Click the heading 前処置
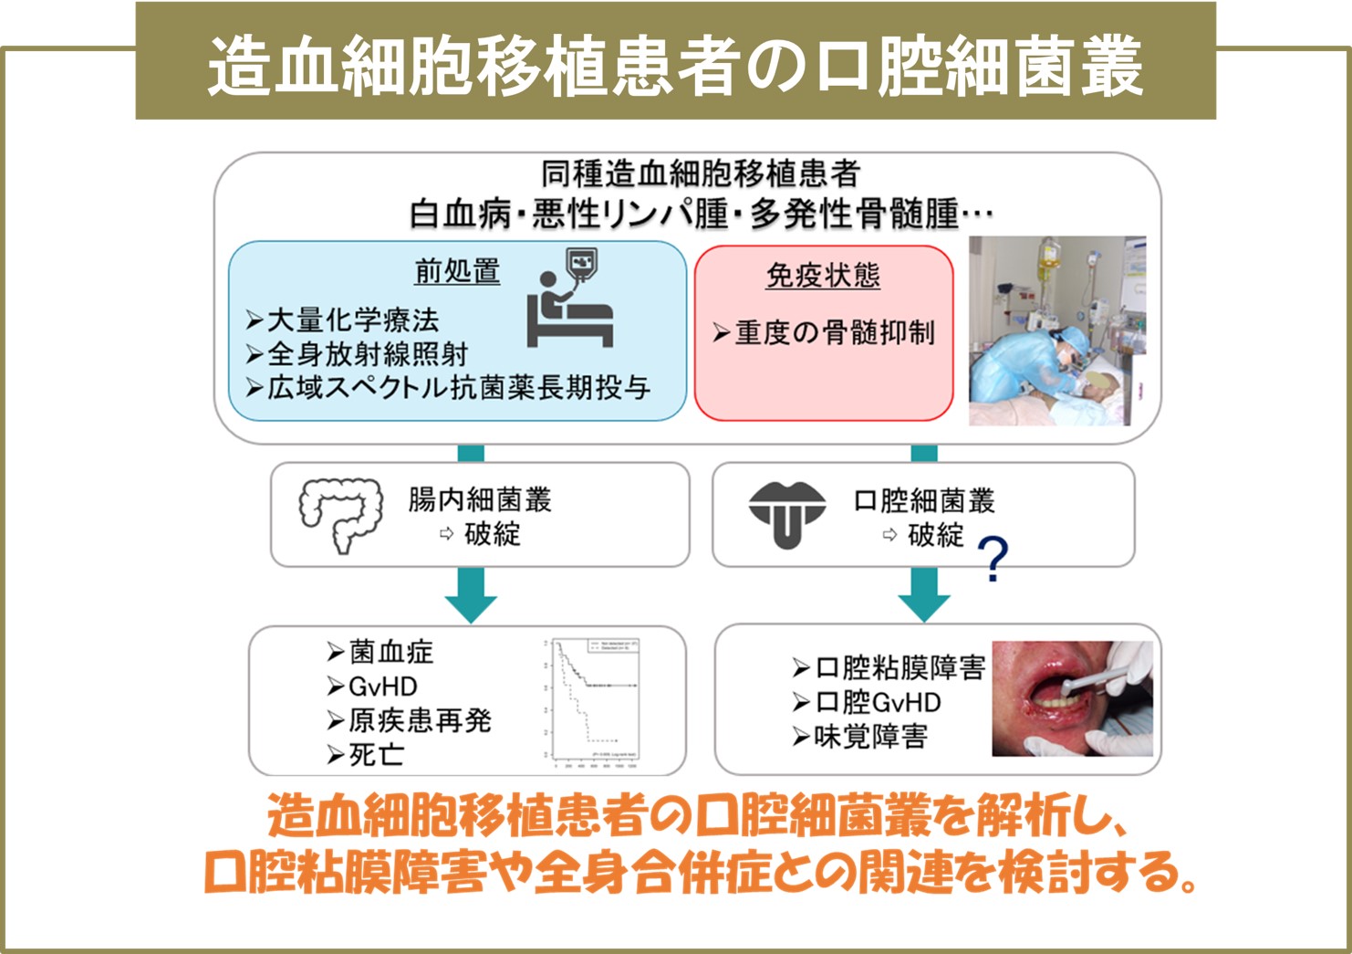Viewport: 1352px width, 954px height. tap(457, 271)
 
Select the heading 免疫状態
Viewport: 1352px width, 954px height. tap(823, 275)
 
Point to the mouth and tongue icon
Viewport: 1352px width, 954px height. tap(786, 514)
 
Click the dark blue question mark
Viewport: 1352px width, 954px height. tap(993, 560)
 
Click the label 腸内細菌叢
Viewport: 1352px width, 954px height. tap(480, 500)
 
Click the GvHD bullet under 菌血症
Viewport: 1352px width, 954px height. tap(382, 687)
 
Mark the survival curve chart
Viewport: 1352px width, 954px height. tap(593, 700)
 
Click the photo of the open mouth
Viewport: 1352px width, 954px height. tap(1072, 698)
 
